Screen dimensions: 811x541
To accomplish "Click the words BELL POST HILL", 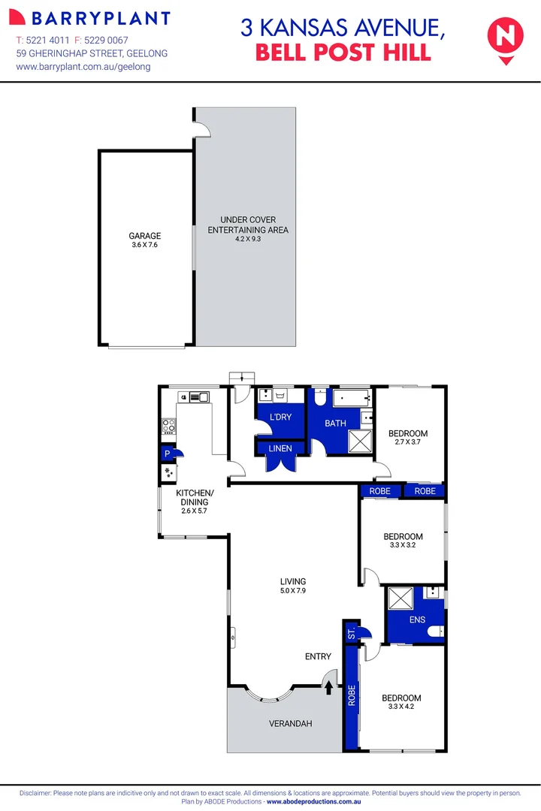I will click(343, 53).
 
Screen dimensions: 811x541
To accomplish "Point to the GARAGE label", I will click(144, 236).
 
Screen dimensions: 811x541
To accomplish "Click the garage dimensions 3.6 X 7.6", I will click(144, 245).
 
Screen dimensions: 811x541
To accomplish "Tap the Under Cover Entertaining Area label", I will click(248, 225).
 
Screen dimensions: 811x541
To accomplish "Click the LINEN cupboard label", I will click(281, 448).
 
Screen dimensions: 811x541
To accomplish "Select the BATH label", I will click(335, 424).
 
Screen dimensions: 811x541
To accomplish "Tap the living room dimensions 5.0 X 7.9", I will click(293, 591).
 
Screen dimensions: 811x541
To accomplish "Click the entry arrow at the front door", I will click(328, 686).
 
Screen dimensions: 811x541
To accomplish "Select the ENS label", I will click(417, 620).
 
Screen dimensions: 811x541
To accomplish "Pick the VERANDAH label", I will click(290, 724).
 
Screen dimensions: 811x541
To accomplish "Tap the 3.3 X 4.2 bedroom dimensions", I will click(402, 707).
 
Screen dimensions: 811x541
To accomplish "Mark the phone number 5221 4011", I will click(48, 39).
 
